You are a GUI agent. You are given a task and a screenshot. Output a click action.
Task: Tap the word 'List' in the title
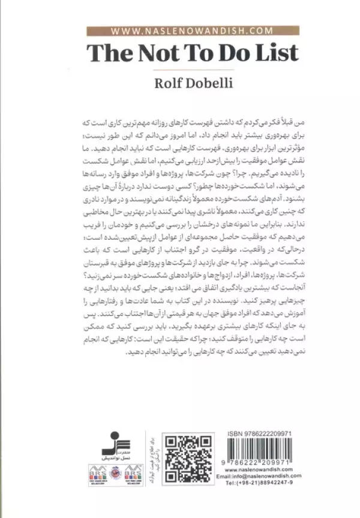[273, 53]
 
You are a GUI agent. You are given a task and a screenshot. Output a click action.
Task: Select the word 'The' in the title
[108, 53]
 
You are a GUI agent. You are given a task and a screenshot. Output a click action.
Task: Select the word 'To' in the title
[194, 53]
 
